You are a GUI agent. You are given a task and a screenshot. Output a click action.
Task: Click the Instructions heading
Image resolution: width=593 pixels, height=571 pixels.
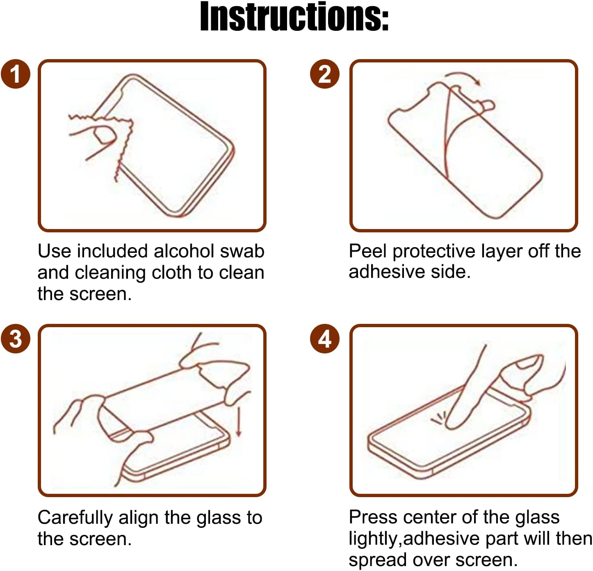(294, 16)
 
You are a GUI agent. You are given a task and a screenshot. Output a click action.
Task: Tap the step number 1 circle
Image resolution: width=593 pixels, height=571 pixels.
(16, 74)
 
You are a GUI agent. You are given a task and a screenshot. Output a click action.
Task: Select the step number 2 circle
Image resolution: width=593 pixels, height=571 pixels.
(325, 74)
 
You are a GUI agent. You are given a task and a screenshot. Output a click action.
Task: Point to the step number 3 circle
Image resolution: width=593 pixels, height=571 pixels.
(16, 339)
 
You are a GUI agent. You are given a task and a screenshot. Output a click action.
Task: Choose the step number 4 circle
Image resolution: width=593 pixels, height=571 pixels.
(325, 339)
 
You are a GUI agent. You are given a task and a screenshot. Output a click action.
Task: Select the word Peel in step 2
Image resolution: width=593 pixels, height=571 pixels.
(368, 251)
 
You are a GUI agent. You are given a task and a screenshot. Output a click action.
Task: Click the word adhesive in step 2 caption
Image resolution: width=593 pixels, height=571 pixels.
(387, 271)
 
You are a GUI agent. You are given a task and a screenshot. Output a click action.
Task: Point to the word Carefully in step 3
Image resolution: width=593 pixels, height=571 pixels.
(75, 518)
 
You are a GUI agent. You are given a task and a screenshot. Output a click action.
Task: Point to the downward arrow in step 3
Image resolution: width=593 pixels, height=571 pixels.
(239, 422)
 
